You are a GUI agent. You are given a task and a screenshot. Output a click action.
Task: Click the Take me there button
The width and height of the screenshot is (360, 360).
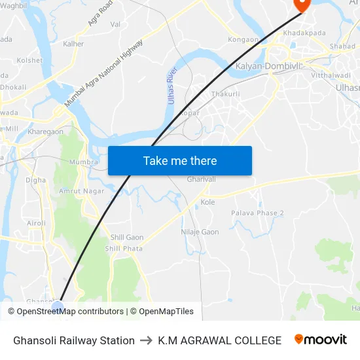tap(180, 160)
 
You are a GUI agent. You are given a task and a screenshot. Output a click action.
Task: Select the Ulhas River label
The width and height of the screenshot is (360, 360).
tap(171, 86)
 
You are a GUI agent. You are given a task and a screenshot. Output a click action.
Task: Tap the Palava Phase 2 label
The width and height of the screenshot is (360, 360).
tap(257, 213)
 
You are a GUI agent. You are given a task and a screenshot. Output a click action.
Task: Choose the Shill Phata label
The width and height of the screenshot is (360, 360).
tap(124, 249)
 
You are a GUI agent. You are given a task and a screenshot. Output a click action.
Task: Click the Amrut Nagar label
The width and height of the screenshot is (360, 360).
tap(82, 190)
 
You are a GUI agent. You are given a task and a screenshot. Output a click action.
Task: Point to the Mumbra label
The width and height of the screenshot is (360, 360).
tap(84, 162)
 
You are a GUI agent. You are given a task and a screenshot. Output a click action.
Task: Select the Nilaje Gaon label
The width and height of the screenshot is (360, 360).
tap(200, 232)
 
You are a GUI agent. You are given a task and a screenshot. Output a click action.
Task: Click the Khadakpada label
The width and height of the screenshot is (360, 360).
tap(304, 33)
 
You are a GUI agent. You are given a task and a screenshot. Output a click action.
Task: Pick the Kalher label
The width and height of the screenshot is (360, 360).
tap(73, 44)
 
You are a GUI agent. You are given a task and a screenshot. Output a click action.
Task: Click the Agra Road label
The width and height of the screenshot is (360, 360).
tap(100, 13)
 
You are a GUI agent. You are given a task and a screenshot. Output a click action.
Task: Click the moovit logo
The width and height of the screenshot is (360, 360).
tap(320, 340)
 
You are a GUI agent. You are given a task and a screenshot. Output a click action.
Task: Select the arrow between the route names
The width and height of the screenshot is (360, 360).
tap(146, 340)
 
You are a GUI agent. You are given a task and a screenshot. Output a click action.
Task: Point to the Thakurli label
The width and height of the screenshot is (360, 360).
tap(224, 94)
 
